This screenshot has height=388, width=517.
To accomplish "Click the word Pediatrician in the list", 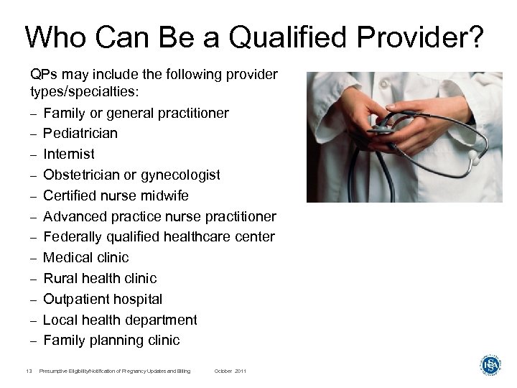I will (x=80, y=134).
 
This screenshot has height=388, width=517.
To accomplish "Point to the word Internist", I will (x=68, y=154).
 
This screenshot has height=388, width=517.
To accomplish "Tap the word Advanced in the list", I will (x=73, y=216).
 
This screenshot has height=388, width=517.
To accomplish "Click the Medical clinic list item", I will (x=85, y=257).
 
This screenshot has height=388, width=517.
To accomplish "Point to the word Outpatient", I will (x=75, y=299).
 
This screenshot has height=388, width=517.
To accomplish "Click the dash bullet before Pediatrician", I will (x=33, y=134).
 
